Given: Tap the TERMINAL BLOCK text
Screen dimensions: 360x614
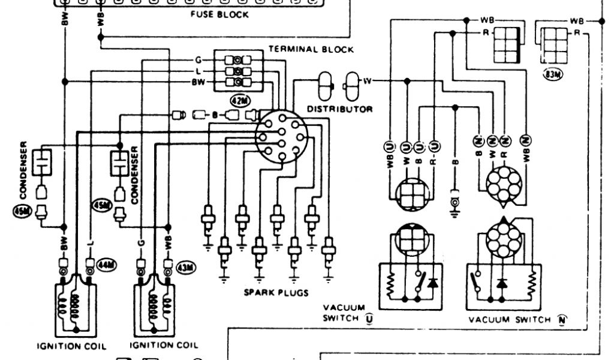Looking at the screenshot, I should pos(311,49).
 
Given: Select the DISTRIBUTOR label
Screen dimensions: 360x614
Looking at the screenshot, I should pos(339,109).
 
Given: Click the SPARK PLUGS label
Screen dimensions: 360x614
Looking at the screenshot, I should pos(276,293).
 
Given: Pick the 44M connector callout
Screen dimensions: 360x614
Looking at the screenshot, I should pos(108,264).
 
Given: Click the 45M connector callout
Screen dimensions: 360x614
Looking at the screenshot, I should pos(100,205).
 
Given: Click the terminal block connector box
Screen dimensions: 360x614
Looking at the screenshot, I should pos(239,71).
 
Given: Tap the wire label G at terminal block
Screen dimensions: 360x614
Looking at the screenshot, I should pos(197,61).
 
